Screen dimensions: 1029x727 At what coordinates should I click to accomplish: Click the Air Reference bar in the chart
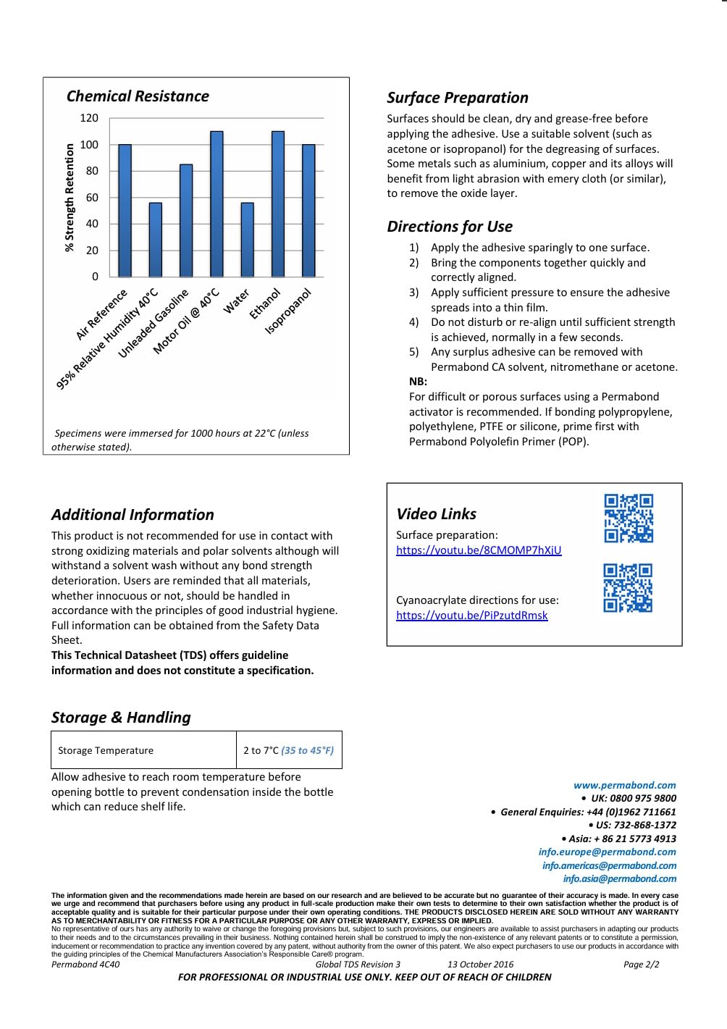[125, 210]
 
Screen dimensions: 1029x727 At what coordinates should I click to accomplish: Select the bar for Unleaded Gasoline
[186, 220]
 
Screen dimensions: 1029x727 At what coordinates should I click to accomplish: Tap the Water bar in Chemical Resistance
[247, 239]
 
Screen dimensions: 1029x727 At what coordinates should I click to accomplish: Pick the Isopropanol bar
[308, 210]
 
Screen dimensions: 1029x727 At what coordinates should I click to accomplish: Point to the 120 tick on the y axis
[89, 118]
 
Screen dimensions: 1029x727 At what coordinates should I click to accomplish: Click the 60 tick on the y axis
[92, 197]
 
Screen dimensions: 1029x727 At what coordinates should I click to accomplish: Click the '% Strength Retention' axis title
[70, 197]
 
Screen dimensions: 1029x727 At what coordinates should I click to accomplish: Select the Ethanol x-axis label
[264, 304]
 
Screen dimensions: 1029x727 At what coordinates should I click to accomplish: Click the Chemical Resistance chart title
[138, 96]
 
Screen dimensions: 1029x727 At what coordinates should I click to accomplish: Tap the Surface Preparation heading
[457, 98]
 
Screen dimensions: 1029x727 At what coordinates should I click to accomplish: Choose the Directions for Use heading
[449, 227]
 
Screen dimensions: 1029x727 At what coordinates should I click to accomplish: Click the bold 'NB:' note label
[418, 382]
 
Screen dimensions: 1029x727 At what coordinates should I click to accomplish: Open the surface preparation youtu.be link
[479, 550]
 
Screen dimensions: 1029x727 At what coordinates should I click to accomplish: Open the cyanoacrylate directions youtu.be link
[471, 616]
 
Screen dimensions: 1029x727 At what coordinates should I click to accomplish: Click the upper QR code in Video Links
[629, 518]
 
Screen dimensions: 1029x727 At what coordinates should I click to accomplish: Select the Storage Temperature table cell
[106, 750]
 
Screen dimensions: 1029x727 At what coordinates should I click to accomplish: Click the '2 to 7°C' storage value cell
[288, 750]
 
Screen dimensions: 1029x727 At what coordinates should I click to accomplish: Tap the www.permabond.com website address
[624, 785]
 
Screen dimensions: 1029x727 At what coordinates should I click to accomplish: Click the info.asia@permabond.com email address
[619, 878]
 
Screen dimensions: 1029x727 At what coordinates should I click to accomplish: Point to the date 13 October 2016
[480, 965]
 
